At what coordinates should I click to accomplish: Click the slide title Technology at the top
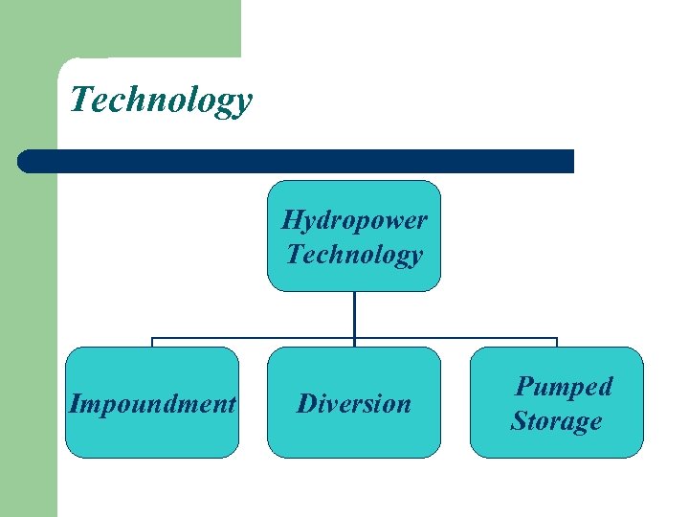(161, 100)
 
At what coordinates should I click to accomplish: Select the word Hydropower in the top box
(354, 220)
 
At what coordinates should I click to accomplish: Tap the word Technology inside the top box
(354, 255)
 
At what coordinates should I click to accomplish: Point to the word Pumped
(564, 387)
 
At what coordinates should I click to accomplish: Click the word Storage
(556, 421)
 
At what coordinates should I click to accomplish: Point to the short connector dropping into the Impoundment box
(152, 343)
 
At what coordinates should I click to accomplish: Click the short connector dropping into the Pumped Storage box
(557, 343)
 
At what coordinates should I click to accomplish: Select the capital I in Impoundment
(74, 403)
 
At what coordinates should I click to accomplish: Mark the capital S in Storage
(520, 421)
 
